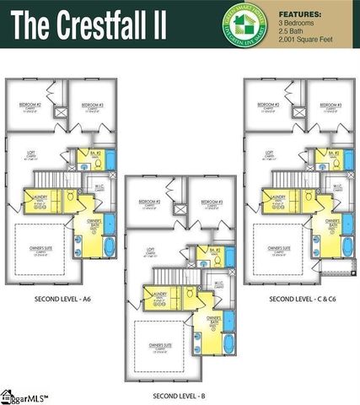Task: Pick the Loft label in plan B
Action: tap(149, 250)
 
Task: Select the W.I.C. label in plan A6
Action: tap(99, 186)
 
